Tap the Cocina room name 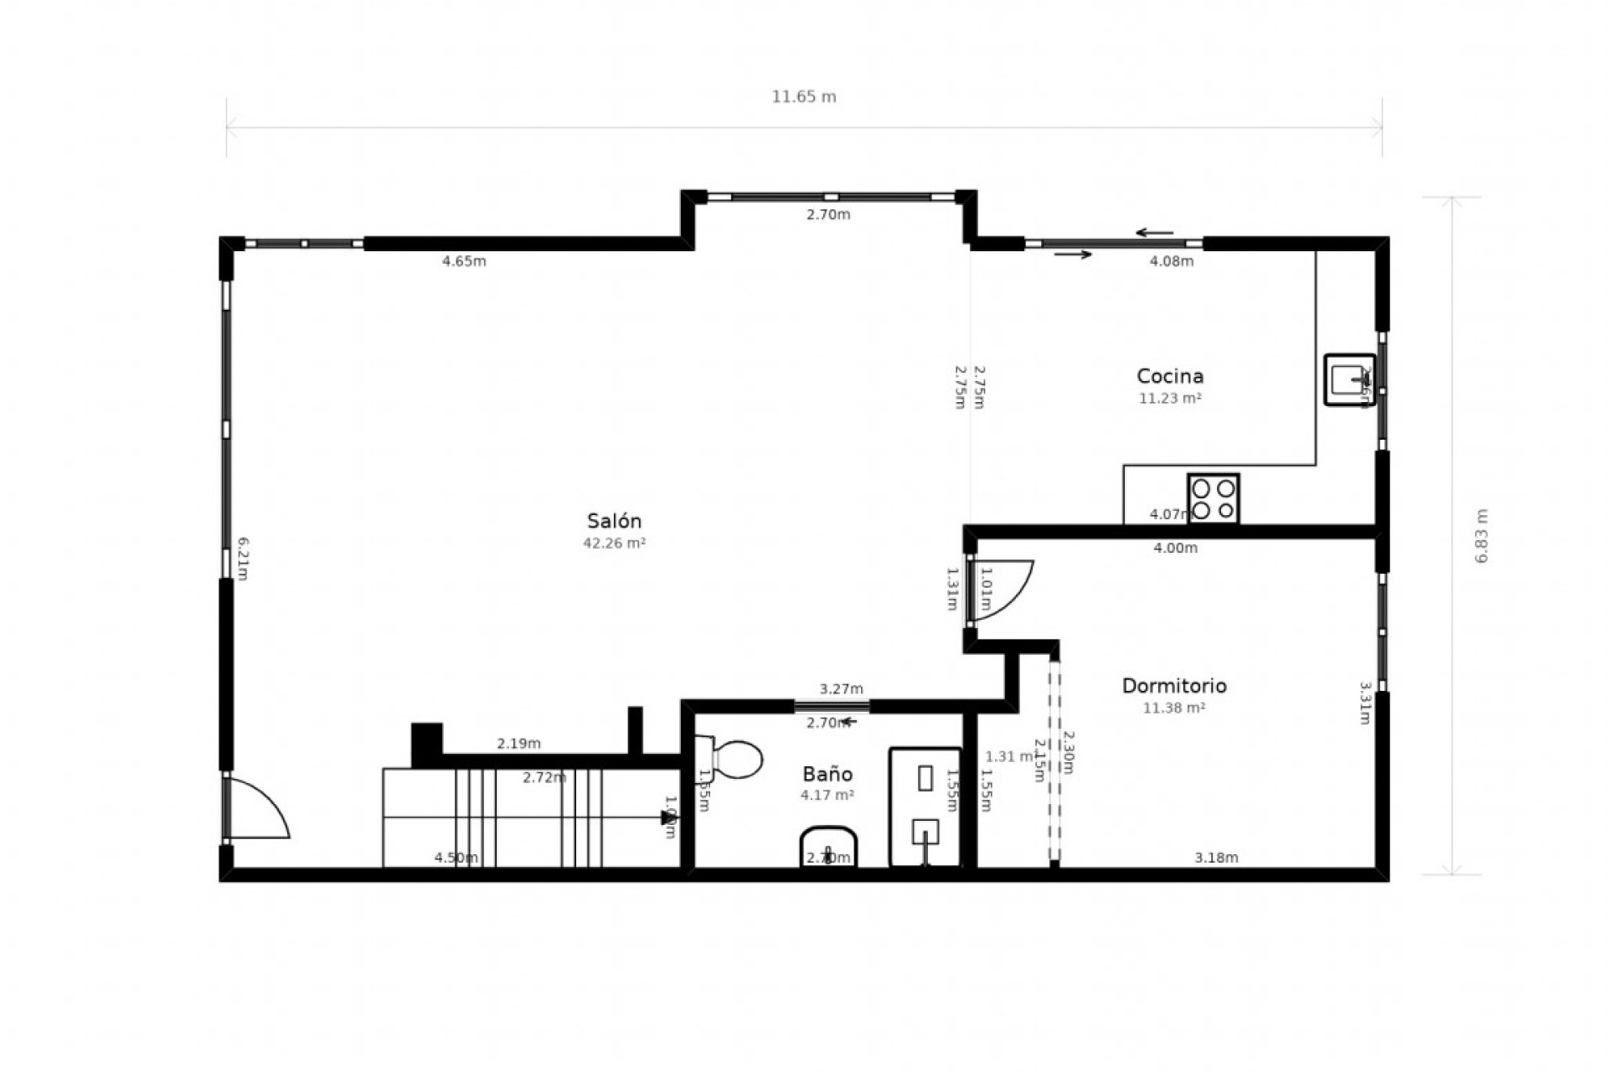pos(1169,376)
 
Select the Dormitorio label pos(1174,686)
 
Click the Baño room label pos(827,774)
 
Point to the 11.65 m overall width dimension pos(804,96)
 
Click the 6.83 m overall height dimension pos(1482,536)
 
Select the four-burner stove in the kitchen pos(1213,498)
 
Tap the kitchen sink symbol pos(1348,379)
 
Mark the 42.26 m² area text pos(615,543)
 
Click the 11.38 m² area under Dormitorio pos(1174,708)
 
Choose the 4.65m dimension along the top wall pos(464,261)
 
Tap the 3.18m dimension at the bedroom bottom pos(1216,858)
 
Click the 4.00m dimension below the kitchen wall pos(1175,549)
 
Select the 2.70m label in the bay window pos(828,214)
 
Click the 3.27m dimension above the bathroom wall pos(841,689)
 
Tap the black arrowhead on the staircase pos(667,817)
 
